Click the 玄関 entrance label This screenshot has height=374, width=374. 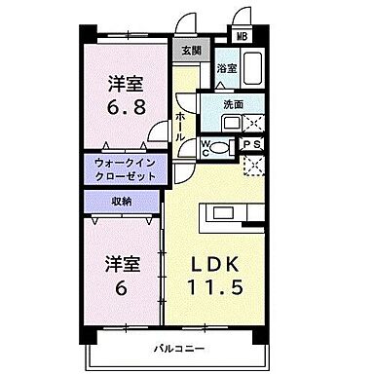pos(185,51)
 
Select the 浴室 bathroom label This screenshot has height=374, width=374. pos(226,69)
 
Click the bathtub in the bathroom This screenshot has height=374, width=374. pos(253,69)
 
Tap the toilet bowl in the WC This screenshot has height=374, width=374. pos(221,147)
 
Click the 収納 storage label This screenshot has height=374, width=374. pos(122,202)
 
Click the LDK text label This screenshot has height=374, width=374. pos(230,265)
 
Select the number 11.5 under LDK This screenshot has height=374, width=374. pos(230,289)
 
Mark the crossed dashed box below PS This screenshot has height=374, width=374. pos(254,165)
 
